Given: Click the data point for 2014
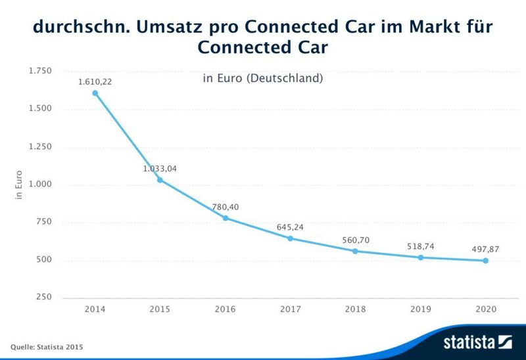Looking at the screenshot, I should click(95, 93).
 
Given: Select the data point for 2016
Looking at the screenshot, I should click(226, 218).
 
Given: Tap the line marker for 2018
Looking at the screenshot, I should click(356, 251).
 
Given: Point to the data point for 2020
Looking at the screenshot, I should click(486, 261).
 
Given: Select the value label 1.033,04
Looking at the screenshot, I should click(160, 169).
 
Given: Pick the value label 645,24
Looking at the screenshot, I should click(290, 227).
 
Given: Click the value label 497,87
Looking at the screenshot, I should click(486, 249).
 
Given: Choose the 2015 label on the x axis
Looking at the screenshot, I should click(160, 309).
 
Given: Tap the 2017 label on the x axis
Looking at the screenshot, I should click(291, 309).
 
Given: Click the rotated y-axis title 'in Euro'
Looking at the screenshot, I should click(19, 185).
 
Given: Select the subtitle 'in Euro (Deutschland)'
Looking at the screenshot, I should click(263, 79).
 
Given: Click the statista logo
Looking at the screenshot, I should click(477, 342).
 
